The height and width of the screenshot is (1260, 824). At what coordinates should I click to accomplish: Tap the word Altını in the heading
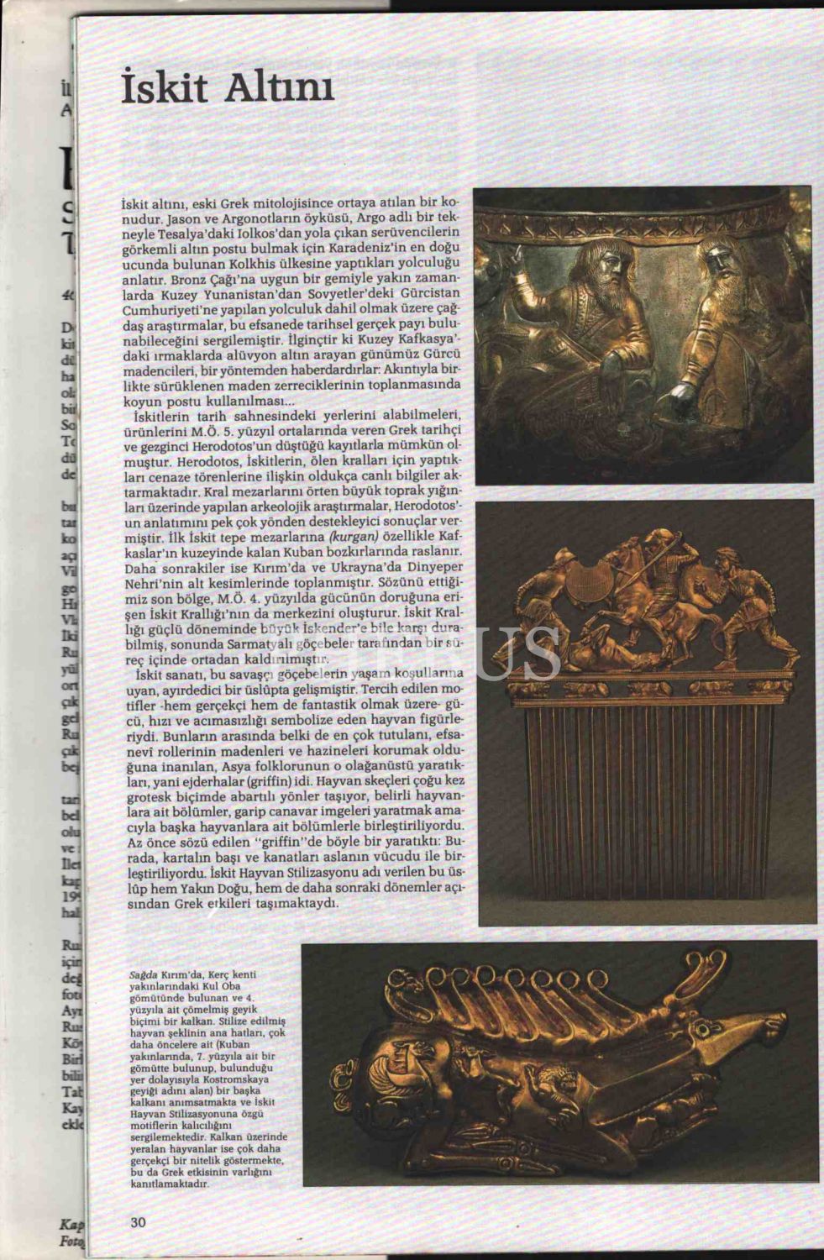(283, 87)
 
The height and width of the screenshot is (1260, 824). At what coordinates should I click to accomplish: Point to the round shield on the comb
(589, 589)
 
